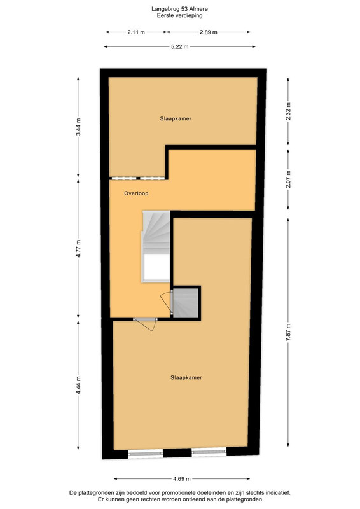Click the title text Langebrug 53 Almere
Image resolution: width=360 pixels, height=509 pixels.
click(179, 9)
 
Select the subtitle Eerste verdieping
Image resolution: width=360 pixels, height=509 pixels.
click(179, 15)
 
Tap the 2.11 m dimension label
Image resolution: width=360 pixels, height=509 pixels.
click(136, 32)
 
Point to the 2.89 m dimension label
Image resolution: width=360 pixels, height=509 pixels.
click(209, 32)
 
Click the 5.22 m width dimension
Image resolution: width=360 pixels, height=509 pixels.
click(180, 46)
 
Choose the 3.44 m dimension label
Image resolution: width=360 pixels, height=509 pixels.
click(78, 127)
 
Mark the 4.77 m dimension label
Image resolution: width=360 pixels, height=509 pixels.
click(78, 249)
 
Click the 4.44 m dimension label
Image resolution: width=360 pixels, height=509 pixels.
click(78, 386)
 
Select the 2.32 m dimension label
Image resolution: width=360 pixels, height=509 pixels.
click(288, 111)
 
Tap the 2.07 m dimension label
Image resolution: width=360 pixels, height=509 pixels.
click(288, 179)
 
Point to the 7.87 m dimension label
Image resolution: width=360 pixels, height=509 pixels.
click(288, 332)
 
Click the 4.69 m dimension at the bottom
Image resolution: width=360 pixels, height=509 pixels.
click(182, 478)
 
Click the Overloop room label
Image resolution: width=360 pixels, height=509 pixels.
click(136, 193)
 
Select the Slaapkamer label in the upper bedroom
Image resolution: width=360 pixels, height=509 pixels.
click(176, 118)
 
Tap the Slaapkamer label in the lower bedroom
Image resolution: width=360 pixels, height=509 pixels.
click(186, 377)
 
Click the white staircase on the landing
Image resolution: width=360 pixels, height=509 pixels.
click(156, 247)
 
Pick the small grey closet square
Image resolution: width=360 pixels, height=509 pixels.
click(185, 303)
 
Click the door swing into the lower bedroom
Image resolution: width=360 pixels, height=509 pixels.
click(146, 324)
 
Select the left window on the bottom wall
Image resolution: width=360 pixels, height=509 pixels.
click(146, 453)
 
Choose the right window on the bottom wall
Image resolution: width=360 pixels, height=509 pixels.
click(209, 451)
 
